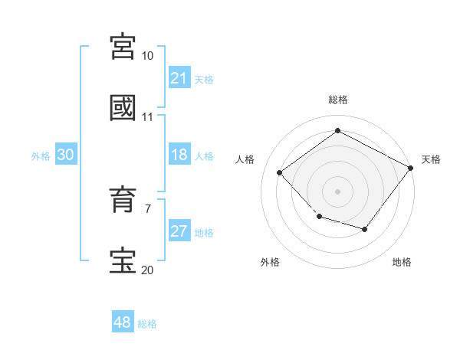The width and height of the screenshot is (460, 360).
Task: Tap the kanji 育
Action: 123,201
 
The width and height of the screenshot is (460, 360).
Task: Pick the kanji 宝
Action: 123,261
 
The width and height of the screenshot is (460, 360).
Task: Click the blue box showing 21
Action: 179,78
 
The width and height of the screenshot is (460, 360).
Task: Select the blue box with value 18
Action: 179,155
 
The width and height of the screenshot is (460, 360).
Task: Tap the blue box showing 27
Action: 179,231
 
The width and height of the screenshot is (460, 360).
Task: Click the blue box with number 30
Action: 65,155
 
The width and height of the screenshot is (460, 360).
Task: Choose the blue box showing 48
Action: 122,322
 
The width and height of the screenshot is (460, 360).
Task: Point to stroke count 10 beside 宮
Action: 147,56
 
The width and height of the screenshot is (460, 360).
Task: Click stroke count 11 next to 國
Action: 147,117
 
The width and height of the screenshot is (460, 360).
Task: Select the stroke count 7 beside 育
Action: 147,208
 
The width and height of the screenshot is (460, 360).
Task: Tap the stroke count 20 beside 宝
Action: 147,270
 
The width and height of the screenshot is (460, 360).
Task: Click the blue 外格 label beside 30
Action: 41,155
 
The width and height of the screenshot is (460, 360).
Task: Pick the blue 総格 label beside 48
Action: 147,324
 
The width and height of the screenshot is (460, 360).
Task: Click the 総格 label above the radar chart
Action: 337,100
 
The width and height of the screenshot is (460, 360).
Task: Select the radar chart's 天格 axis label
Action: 431,159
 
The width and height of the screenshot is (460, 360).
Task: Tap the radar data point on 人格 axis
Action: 280,173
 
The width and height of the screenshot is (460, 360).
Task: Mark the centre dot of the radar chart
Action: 337,191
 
